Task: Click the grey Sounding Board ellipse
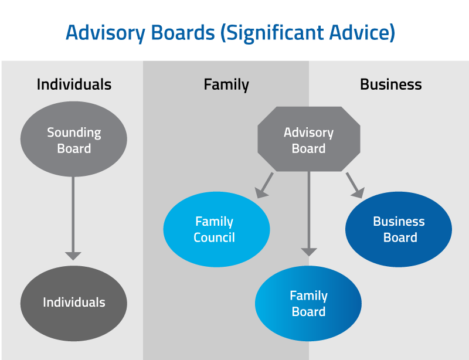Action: tap(74, 140)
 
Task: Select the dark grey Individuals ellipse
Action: tap(74, 303)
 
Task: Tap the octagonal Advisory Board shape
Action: tap(308, 140)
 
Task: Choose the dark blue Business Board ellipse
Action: tap(399, 229)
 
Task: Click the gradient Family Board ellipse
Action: tap(308, 303)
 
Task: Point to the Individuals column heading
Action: tap(74, 84)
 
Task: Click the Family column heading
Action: tap(226, 84)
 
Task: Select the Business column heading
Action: tap(391, 84)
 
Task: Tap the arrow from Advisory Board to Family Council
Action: tap(263, 185)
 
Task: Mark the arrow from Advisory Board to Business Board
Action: tap(355, 185)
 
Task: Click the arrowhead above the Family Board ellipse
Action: tap(309, 252)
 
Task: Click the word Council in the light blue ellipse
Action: tap(214, 237)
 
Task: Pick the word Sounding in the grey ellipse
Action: tap(74, 133)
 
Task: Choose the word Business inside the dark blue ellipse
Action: tap(399, 222)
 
